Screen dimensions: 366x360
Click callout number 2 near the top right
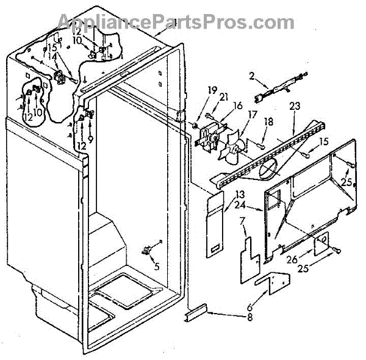(251, 76)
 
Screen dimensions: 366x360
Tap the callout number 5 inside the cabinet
(157, 265)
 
